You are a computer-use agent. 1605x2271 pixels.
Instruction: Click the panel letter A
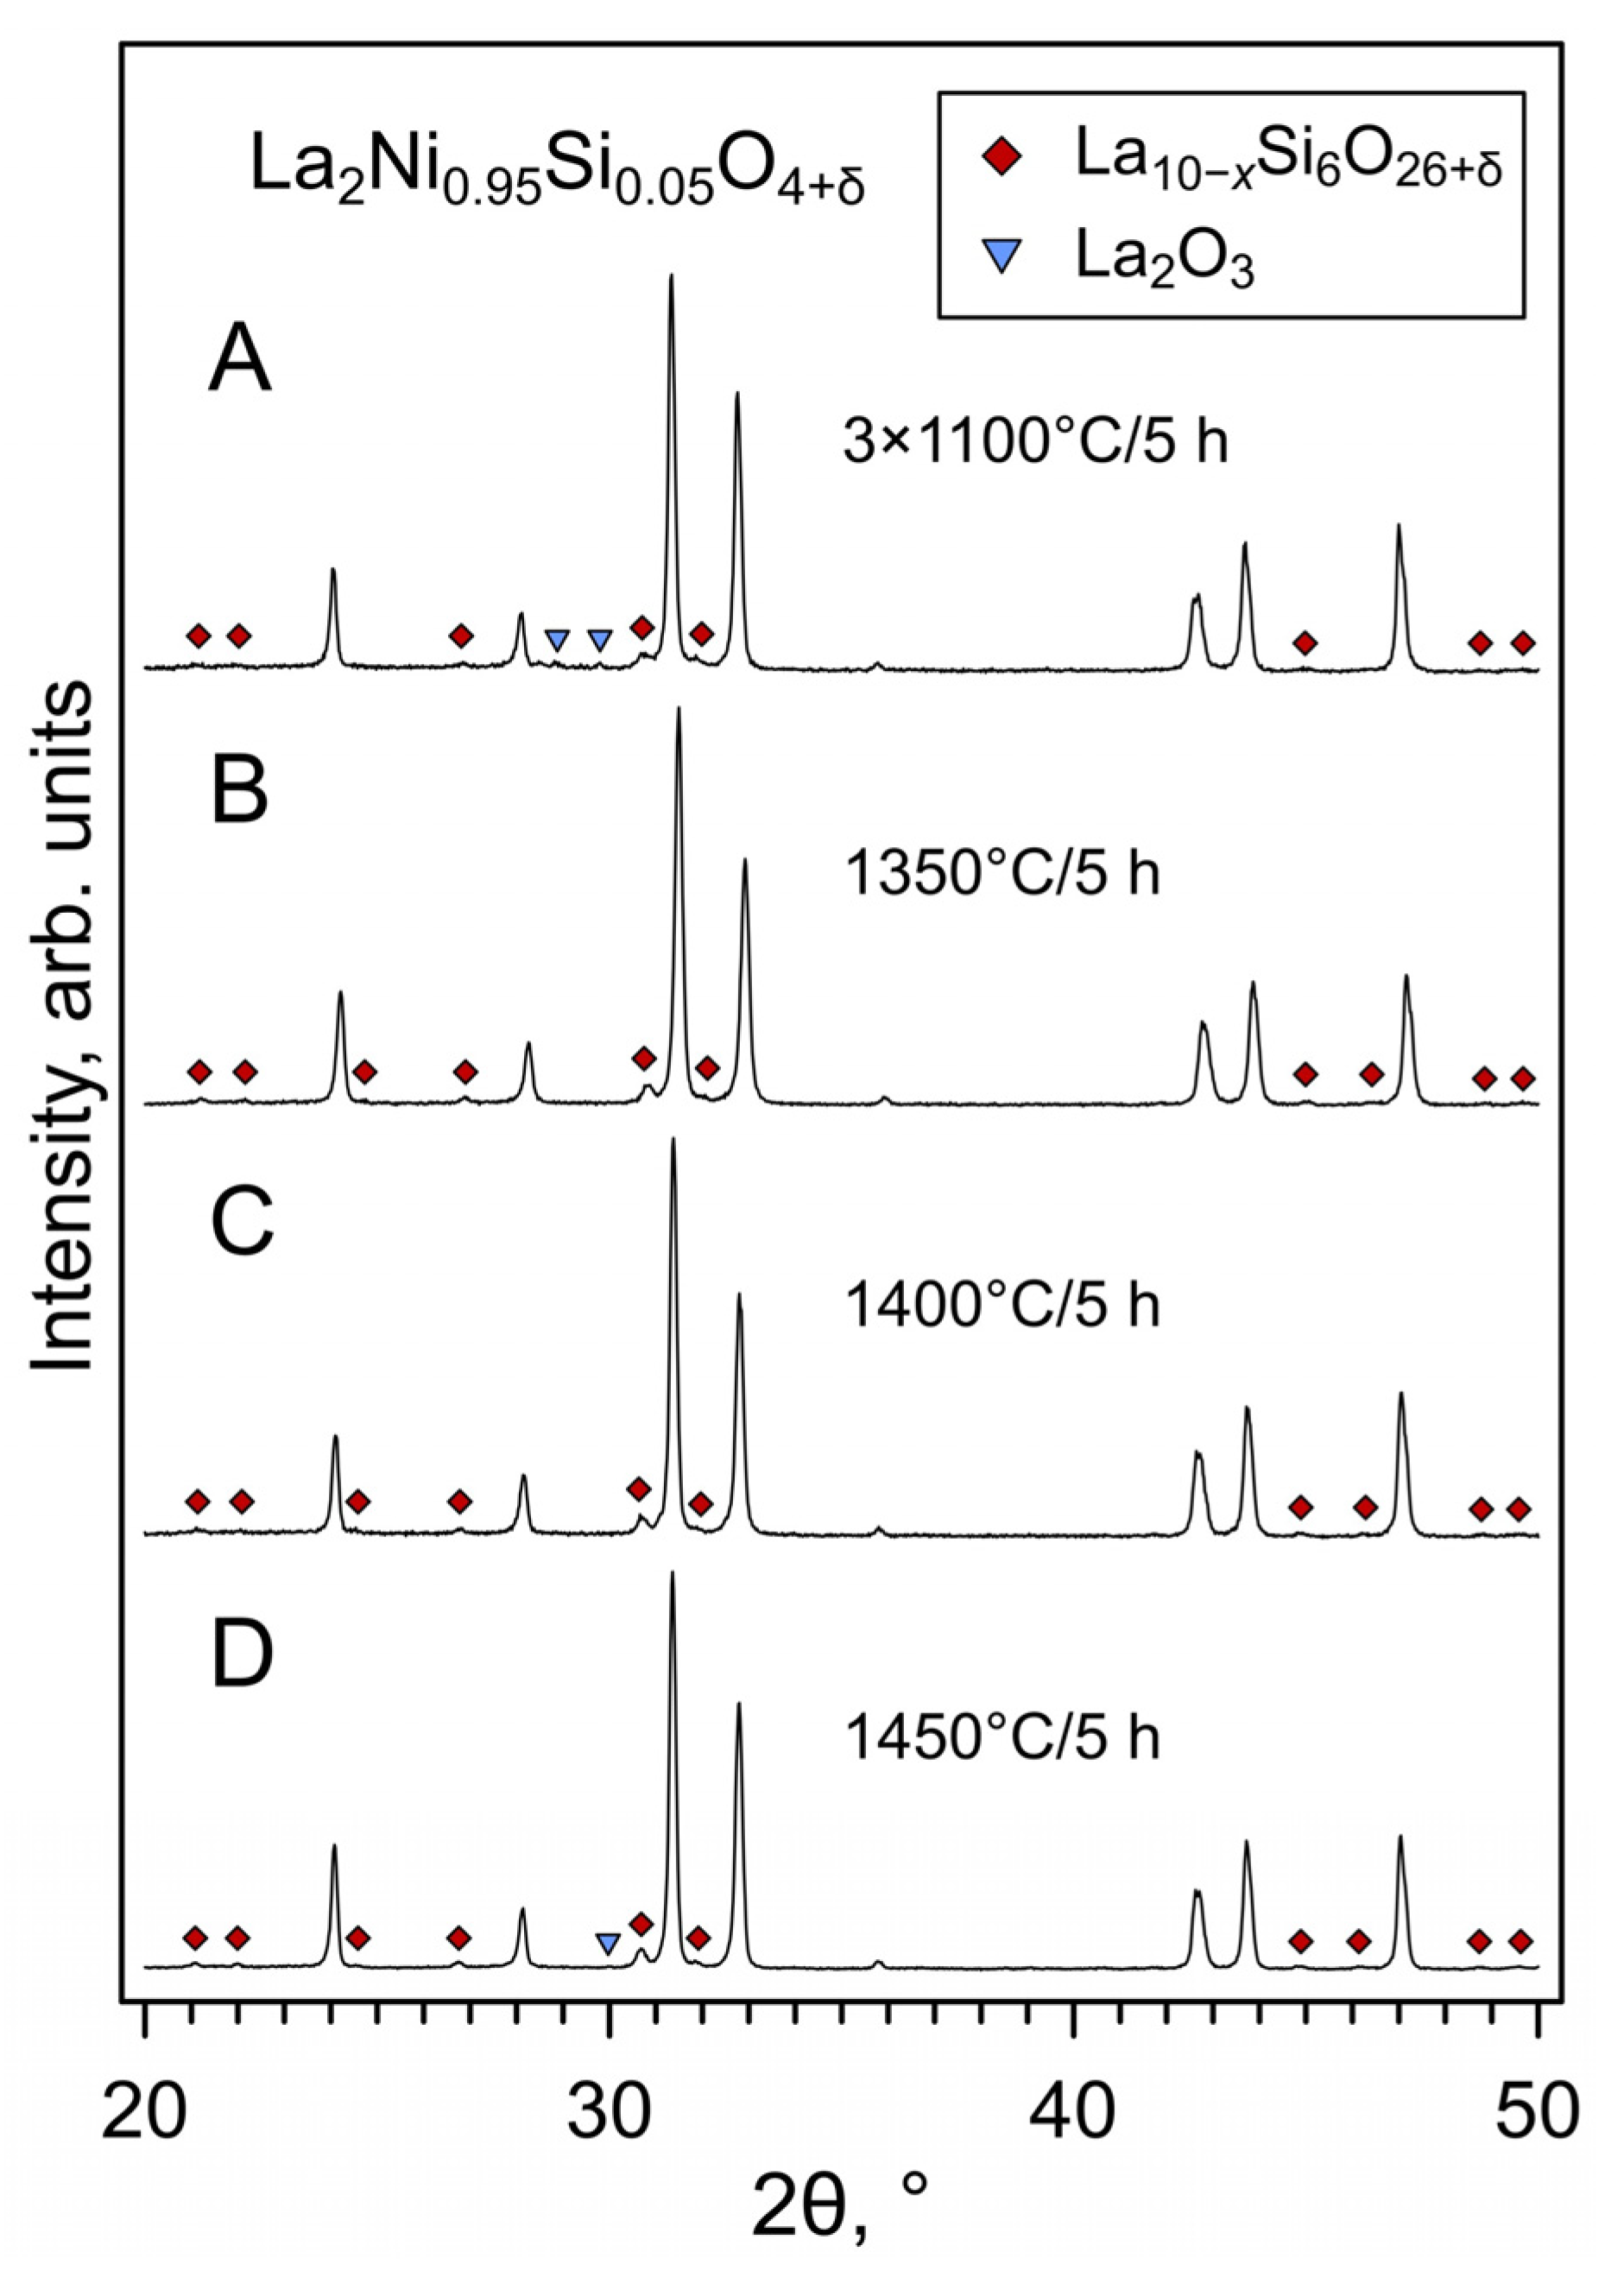tap(239, 360)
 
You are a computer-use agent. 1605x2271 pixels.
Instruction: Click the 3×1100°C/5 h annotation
tap(1034, 440)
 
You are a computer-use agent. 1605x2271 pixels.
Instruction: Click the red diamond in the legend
tap(1002, 159)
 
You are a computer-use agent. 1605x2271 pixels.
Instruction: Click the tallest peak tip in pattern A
tap(672, 277)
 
